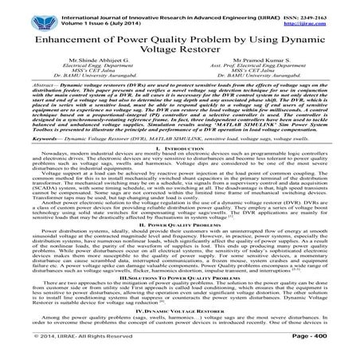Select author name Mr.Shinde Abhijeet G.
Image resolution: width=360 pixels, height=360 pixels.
point(98,72)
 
